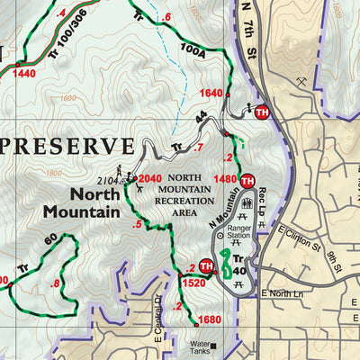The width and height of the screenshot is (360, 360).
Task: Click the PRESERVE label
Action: pos(68,147)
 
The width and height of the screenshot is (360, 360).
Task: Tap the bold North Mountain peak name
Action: pos(81,202)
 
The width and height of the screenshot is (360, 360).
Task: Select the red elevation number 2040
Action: pos(150,179)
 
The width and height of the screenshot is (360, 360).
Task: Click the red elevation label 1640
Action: pos(211,93)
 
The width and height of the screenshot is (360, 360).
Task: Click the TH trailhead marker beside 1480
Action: pos(247,180)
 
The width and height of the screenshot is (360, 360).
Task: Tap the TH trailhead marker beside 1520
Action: pos(206,265)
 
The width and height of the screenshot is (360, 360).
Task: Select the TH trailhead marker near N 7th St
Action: pos(262,112)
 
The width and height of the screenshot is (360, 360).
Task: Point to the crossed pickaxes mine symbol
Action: pos(311,82)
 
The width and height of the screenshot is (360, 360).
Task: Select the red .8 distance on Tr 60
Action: pos(57,283)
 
